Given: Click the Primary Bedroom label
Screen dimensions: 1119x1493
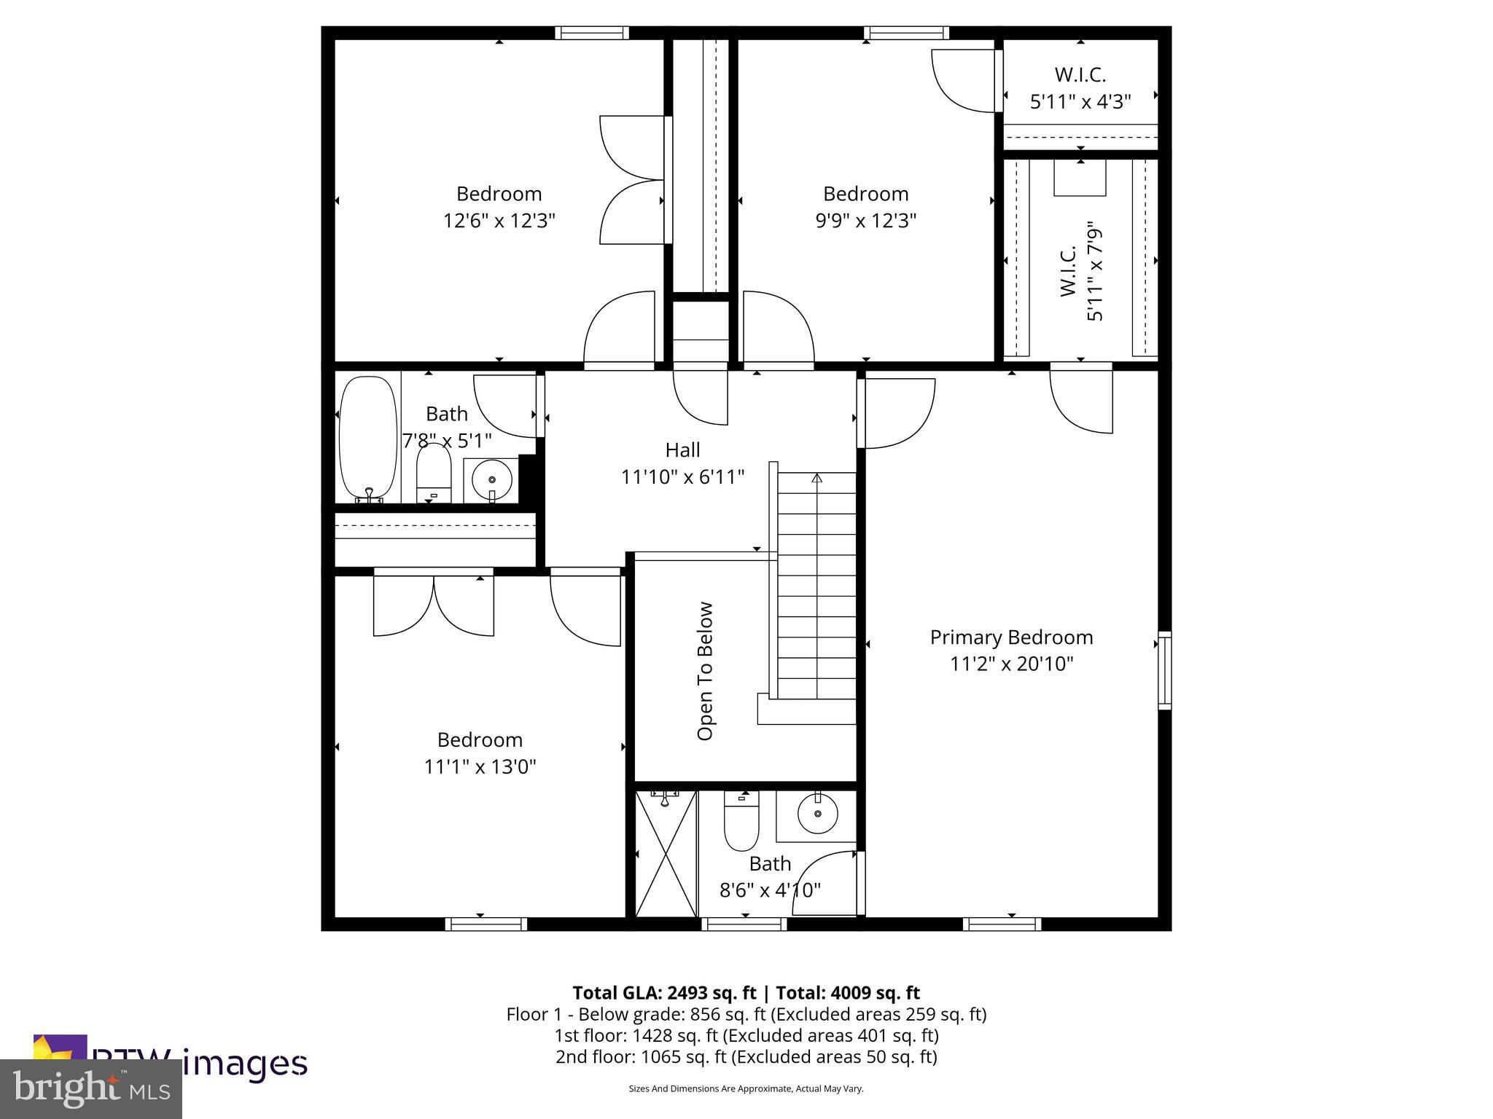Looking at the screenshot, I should pos(1011,637).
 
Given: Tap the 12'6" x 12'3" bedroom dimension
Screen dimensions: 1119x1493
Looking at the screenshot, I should pos(499,221).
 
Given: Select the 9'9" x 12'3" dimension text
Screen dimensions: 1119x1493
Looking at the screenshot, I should pos(865,221).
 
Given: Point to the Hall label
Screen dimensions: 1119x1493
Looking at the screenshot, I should pos(682,450).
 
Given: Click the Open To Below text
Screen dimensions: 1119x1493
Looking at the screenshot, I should pos(705,671).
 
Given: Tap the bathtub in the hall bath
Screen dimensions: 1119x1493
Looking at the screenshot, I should pos(369,437).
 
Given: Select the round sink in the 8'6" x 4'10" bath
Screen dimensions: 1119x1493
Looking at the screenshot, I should pos(816,814).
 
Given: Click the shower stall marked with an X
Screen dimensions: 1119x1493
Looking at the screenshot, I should pos(666,854).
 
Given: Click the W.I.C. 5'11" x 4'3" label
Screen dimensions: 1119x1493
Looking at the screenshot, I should pos(1080,88).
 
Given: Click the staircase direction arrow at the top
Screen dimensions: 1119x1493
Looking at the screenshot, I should pos(817,479).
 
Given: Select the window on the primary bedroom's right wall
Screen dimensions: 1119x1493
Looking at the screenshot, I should pos(1164,671).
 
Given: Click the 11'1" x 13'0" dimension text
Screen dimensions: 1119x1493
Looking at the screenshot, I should pos(480,767).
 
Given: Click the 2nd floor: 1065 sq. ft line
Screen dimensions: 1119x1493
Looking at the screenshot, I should pos(746,1057).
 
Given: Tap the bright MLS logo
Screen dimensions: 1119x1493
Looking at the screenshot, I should pos(91,1088).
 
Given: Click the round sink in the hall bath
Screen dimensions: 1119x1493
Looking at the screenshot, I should pos(492,479).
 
